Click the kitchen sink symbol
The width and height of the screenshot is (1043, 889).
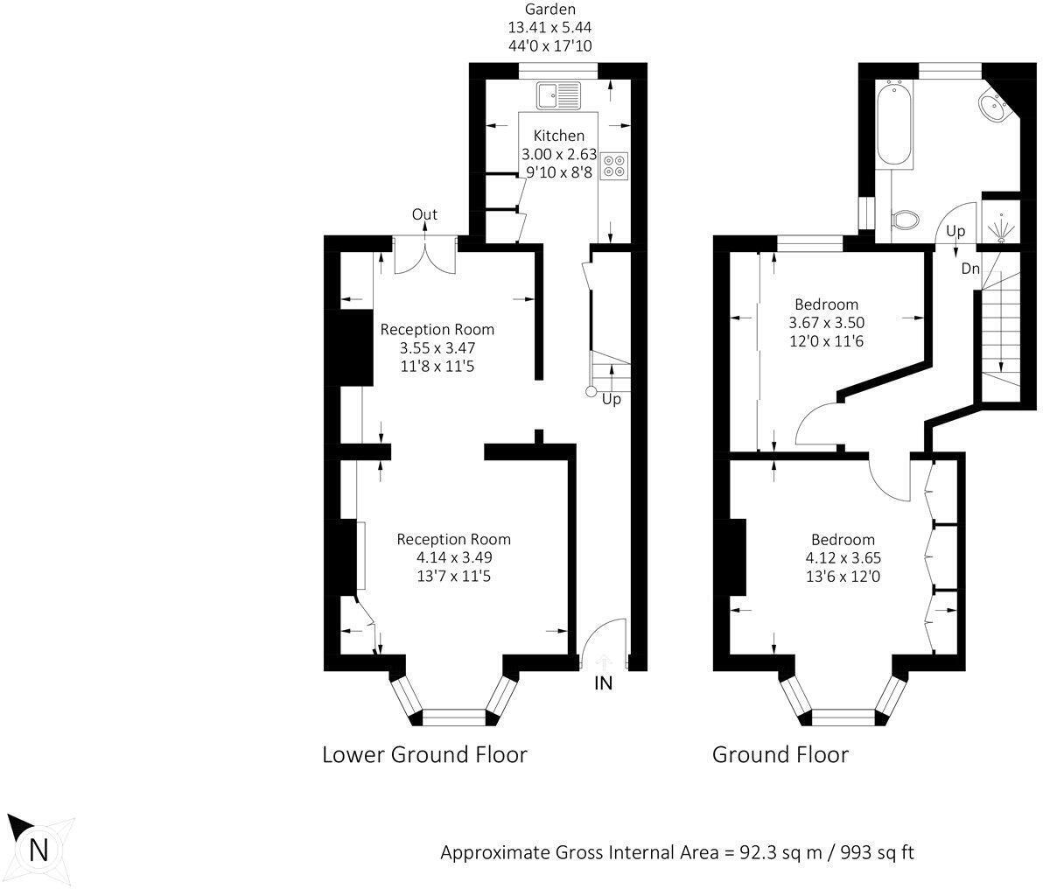pos(559,94)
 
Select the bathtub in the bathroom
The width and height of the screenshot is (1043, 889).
pos(894,123)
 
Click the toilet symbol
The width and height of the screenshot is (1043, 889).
pos(905,217)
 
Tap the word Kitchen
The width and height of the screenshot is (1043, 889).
pos(559,136)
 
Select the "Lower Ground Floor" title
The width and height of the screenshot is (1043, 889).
pos(424,754)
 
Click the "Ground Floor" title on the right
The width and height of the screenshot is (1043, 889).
pos(780,754)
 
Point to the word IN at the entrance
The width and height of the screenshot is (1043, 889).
pos(603,683)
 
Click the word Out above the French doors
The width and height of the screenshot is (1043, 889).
pos(424,215)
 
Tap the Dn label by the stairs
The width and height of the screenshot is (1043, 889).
pos(970,269)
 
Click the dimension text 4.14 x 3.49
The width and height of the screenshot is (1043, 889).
pos(454,557)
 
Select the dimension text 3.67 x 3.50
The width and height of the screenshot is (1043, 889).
pos(827,323)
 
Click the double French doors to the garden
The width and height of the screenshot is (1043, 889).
pos(424,254)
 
